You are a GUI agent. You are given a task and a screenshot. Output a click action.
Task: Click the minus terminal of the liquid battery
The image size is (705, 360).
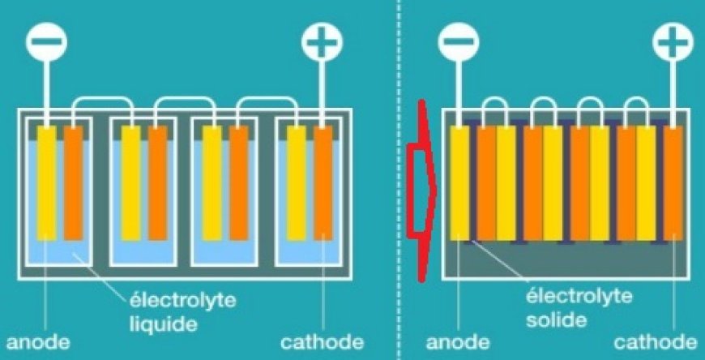[x=46, y=42]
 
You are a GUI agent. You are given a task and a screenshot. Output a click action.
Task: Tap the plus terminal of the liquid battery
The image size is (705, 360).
[x=322, y=42]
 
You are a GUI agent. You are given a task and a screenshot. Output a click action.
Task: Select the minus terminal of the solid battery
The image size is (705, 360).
[x=459, y=41]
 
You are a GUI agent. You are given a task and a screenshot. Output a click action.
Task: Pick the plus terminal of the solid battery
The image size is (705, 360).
[x=673, y=41]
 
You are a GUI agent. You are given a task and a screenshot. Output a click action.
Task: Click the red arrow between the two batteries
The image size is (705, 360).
[x=421, y=191]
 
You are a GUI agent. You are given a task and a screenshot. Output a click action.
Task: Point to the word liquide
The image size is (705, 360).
[x=163, y=324]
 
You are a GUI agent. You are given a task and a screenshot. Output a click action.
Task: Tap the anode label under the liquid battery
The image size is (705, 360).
[x=38, y=342]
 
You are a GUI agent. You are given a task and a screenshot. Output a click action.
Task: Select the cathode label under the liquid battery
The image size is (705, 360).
[x=322, y=342]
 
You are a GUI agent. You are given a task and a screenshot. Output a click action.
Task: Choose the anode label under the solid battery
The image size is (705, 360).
[x=458, y=342]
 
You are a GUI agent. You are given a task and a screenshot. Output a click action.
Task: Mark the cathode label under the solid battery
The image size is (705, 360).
[x=656, y=342]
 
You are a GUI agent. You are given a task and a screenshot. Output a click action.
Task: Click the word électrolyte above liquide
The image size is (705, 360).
[x=182, y=300]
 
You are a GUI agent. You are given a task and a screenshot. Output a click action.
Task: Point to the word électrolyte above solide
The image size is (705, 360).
[x=579, y=297]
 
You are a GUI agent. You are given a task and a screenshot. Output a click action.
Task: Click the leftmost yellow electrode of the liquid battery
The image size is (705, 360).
[x=46, y=182]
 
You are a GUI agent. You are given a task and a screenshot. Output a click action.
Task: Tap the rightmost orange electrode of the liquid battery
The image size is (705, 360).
[x=323, y=182]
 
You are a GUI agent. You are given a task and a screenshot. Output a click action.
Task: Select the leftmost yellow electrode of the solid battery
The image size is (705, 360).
[x=459, y=182]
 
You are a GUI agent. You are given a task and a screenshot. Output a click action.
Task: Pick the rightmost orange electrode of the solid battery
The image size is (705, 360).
[x=673, y=182]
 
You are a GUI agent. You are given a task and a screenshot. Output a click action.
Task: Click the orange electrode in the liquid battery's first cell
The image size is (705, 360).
[x=73, y=182]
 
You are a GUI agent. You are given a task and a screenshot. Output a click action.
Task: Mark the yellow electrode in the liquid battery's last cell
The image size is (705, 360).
[x=297, y=182]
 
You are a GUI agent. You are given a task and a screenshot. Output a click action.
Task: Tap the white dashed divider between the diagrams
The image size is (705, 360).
[x=399, y=180]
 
